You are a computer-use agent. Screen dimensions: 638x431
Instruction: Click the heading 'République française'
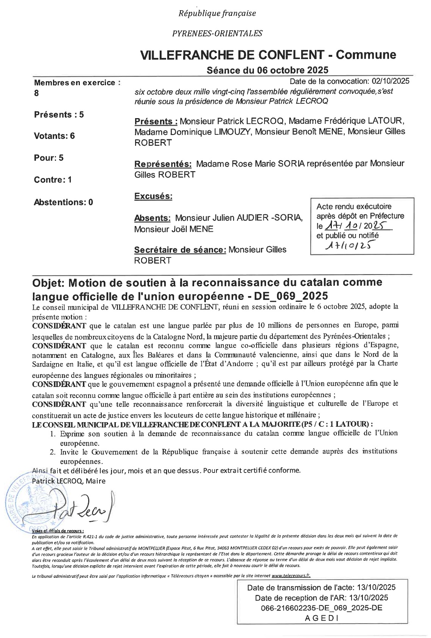[217, 14]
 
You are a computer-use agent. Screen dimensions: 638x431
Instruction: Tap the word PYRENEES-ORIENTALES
[217, 33]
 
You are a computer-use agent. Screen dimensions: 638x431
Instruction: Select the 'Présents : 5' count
[59, 114]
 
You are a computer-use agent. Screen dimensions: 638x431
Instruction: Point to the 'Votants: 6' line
[54, 136]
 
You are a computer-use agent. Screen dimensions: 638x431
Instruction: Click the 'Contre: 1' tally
[53, 179]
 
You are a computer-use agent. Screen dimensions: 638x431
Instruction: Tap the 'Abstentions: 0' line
[64, 202]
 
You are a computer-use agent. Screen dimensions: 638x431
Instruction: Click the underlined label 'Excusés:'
[153, 197]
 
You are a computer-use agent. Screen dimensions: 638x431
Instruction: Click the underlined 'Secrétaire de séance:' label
[180, 250]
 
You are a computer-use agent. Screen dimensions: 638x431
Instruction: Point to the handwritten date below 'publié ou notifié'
[347, 246]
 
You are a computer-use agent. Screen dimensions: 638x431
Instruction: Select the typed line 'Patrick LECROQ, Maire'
[69, 481]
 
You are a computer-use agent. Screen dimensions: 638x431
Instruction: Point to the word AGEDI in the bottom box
[321, 618]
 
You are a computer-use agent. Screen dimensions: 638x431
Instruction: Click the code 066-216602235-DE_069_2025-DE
[321, 608]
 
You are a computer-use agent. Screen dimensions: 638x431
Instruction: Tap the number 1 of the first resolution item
[53, 434]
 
